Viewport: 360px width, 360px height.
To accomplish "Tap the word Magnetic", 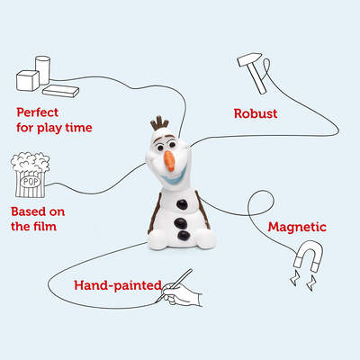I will tap(297, 227).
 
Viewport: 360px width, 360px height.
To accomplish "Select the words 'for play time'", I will tap(53, 127).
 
